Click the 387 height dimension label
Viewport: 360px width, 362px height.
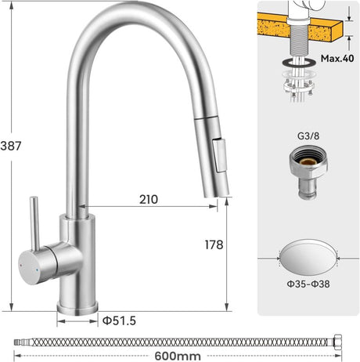11,146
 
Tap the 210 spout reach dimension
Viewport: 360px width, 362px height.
149,200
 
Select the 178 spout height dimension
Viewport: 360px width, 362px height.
214,244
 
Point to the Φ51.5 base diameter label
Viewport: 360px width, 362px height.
119,320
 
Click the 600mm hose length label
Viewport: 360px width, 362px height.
178,356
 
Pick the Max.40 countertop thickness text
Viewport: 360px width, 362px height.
337,58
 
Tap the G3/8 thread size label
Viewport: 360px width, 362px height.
308,136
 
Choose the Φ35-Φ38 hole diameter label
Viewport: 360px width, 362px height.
308,284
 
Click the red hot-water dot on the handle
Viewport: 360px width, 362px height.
21,265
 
